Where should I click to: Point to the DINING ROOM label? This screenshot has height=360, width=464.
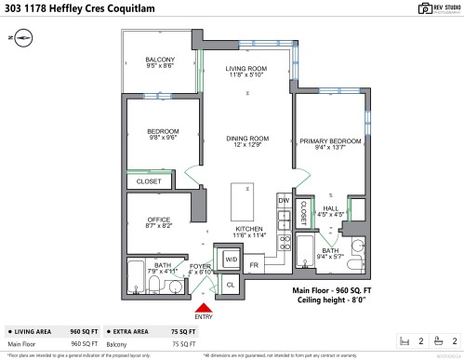pyautogui.click(x=246, y=142)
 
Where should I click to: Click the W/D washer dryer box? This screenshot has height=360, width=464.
pyautogui.click(x=231, y=259)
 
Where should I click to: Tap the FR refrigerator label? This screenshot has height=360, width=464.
pyautogui.click(x=253, y=265)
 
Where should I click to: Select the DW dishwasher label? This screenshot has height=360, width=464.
pyautogui.click(x=285, y=201)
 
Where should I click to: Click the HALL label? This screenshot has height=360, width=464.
pyautogui.click(x=331, y=211)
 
